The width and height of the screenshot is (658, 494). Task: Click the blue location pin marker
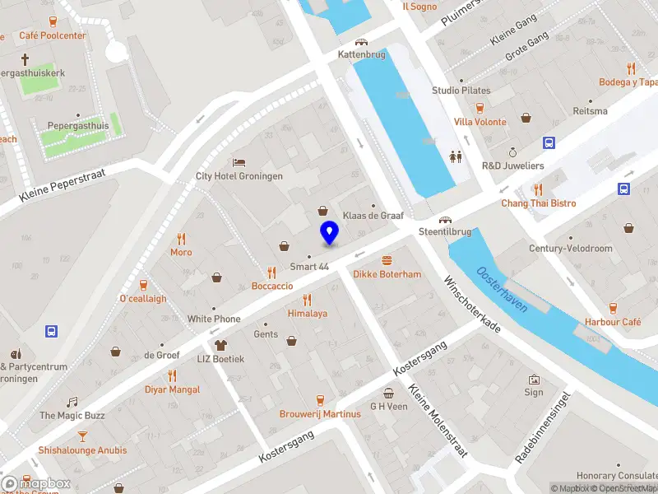[x=329, y=232]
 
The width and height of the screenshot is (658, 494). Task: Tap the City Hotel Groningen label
[x=239, y=176]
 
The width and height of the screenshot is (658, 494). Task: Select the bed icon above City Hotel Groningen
[x=239, y=162]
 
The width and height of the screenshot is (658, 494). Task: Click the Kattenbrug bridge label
[x=360, y=54]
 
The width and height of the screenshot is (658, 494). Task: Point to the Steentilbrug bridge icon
[x=445, y=220]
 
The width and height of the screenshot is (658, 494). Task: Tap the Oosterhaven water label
[x=502, y=288]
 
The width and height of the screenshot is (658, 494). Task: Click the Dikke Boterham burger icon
[x=387, y=259]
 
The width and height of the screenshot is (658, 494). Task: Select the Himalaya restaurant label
[x=308, y=314]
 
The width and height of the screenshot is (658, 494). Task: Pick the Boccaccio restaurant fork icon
[x=271, y=273]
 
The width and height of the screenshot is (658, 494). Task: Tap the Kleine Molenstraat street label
[x=438, y=423]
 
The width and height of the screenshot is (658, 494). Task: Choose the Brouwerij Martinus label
[x=320, y=414]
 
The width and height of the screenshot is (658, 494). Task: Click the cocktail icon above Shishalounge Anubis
[x=82, y=436]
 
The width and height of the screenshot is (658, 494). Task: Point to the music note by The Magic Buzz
[x=72, y=402]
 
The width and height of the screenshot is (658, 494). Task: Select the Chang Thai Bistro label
[x=539, y=203]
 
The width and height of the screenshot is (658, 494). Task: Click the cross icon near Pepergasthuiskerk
[x=25, y=59]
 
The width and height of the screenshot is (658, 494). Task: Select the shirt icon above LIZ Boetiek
[x=220, y=345]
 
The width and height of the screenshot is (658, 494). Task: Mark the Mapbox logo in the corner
[x=36, y=483]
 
